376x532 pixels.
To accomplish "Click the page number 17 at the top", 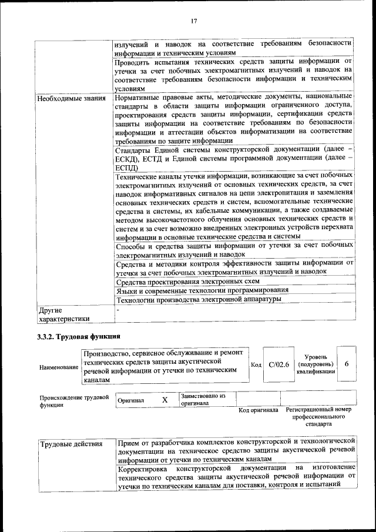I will (193, 22).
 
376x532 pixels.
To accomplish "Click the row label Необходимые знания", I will (72, 98).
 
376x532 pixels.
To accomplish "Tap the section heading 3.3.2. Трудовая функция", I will (78, 337).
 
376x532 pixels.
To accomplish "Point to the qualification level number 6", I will (347, 364).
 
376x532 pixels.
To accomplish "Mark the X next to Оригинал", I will (165, 400).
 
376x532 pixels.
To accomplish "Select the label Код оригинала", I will (258, 410).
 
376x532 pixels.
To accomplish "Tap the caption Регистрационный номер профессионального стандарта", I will (319, 416).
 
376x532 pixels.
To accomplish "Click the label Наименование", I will (59, 367).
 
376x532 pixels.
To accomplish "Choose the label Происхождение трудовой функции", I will (74, 401).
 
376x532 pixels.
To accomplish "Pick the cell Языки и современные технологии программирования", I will (202, 290).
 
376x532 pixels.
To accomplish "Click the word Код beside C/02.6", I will (256, 365).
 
